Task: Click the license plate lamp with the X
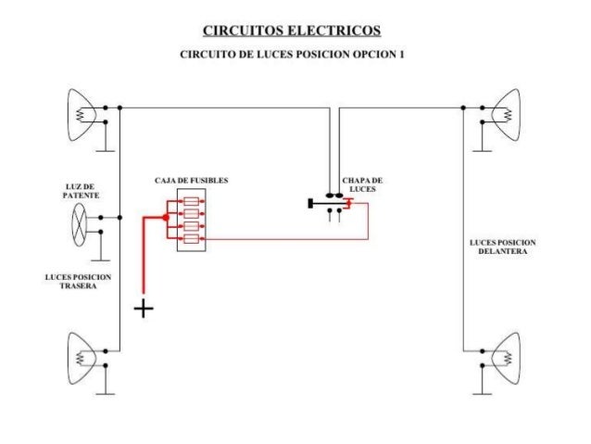click(81, 222)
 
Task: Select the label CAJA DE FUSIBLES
click(192, 179)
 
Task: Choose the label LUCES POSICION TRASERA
click(78, 282)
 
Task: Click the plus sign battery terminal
click(144, 308)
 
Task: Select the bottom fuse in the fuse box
click(192, 239)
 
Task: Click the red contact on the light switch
click(346, 203)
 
